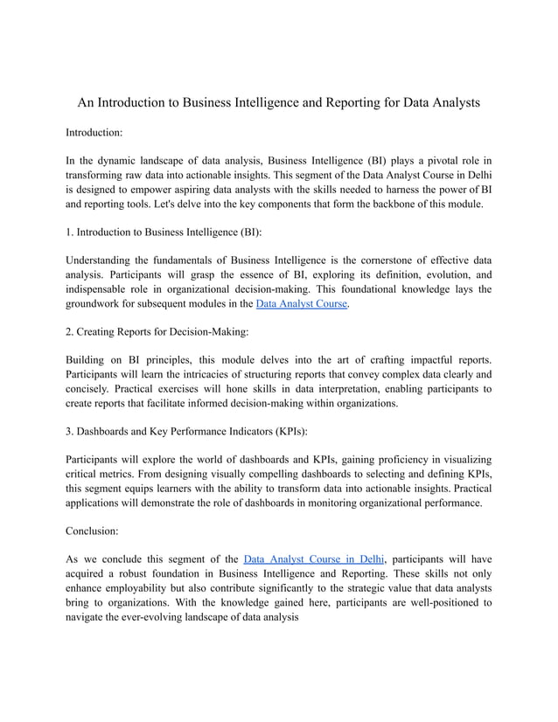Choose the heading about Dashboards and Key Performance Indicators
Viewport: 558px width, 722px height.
186,433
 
